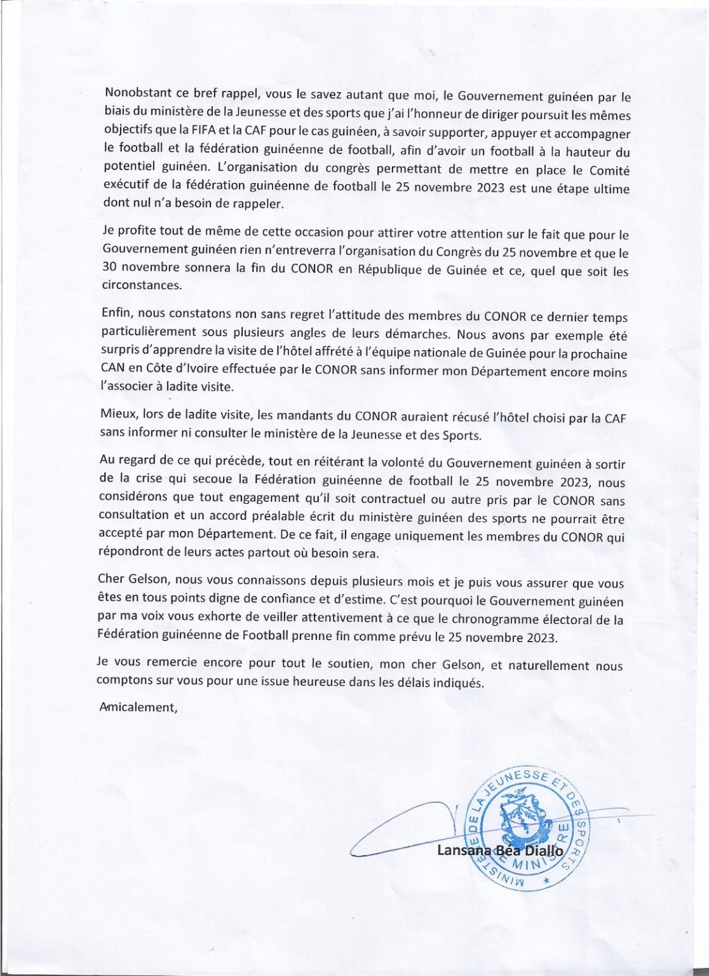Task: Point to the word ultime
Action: pos(609,189)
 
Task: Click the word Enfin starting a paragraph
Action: pos(116,313)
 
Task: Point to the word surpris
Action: pos(121,349)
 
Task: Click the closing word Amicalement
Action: pos(138,707)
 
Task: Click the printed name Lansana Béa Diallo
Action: pos(500,850)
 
